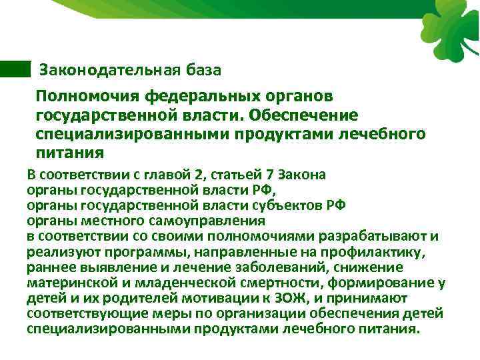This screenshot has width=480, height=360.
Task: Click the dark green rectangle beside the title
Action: tap(15, 68)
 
